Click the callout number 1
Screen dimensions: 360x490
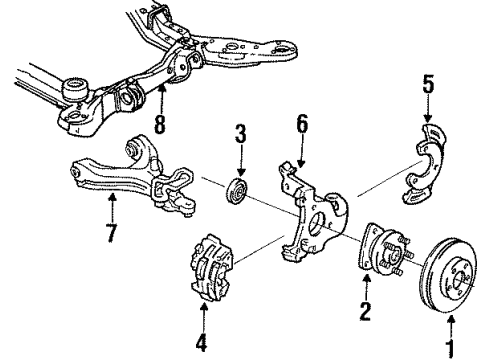tap(449, 348)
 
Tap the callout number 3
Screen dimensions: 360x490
tap(240, 134)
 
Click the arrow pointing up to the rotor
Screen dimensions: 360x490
tap(449, 322)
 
